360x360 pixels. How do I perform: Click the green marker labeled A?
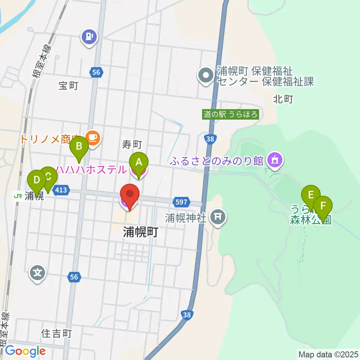pos(139,162)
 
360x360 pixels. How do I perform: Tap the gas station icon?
pos(89,37)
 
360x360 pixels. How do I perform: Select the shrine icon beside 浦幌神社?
pos(217,216)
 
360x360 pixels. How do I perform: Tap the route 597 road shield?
pos(181,202)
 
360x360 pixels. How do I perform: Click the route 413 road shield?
pos(60,190)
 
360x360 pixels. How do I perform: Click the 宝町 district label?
pos(68,86)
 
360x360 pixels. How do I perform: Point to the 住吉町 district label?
pos(56,333)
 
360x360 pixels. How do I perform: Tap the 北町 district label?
pos(283,99)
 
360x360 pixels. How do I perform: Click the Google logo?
pos(25,351)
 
